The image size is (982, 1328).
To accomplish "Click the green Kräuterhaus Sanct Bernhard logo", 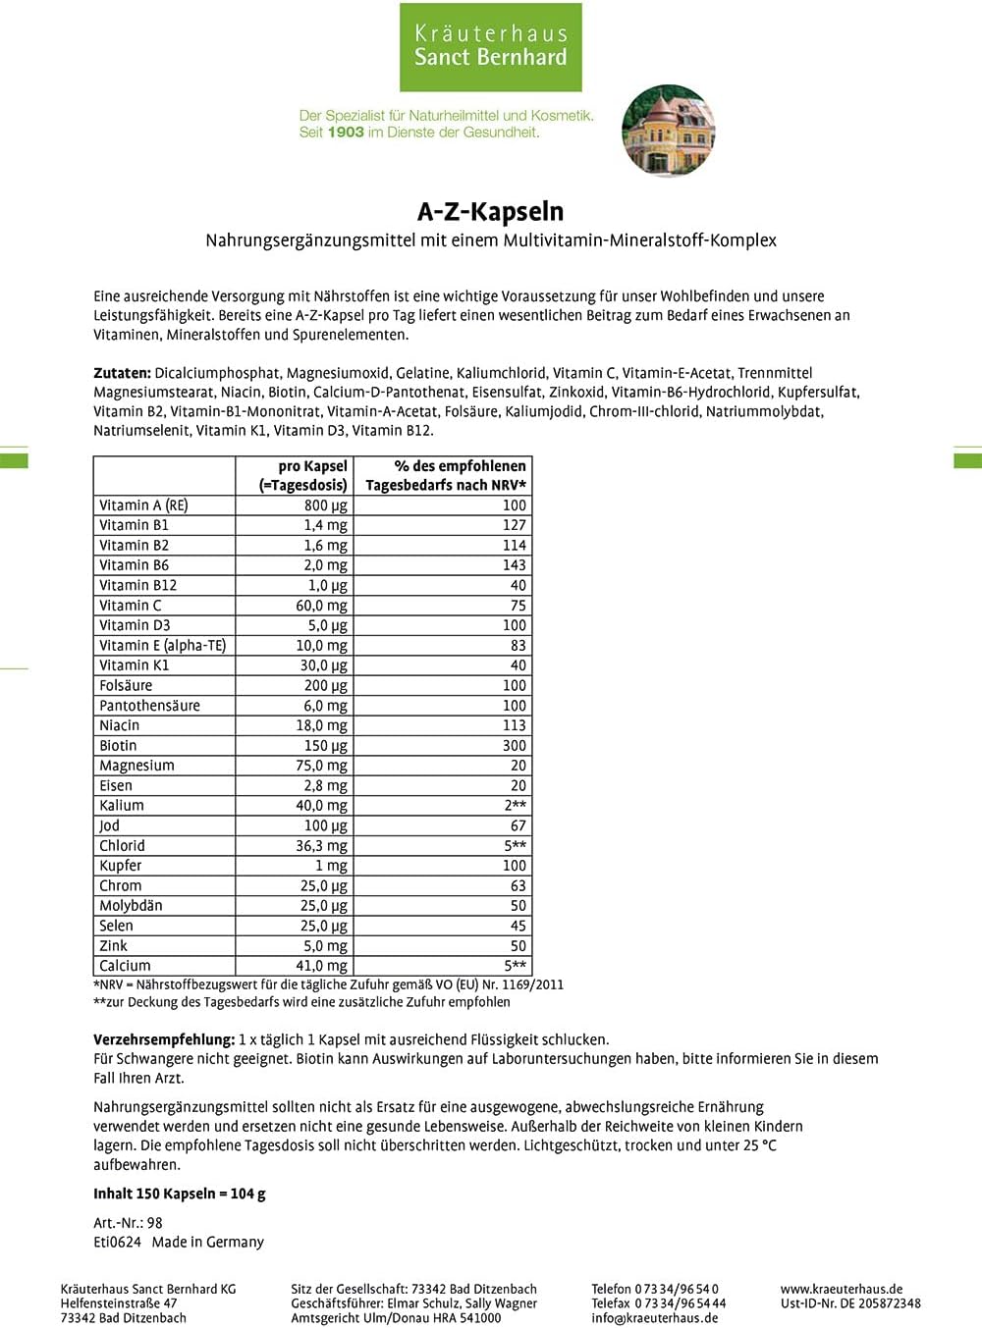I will [490, 47].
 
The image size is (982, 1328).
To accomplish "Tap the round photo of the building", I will [669, 131].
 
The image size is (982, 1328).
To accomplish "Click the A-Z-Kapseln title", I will [490, 211].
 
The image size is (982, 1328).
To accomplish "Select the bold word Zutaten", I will [122, 373].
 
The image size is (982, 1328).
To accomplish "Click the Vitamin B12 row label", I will [138, 585].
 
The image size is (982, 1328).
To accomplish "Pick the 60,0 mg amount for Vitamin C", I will [322, 606].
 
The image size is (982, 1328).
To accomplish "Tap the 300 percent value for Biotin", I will [515, 746].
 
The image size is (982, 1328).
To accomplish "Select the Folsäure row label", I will [126, 685].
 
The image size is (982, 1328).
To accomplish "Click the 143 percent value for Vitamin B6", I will [515, 565].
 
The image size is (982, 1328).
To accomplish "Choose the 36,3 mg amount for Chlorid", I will [322, 846].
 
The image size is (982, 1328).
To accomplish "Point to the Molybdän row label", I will [131, 906].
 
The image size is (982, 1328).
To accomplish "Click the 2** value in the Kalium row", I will [516, 806].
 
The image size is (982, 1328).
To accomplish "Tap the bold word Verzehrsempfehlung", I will [164, 1039].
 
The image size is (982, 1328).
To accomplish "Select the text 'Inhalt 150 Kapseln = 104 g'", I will [180, 1194].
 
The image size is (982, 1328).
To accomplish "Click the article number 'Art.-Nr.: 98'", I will [128, 1223].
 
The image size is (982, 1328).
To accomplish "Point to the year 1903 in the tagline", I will [346, 133].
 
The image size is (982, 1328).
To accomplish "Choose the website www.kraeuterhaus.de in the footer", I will [842, 1289].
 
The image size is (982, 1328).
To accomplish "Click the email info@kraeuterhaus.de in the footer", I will [655, 1318].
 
